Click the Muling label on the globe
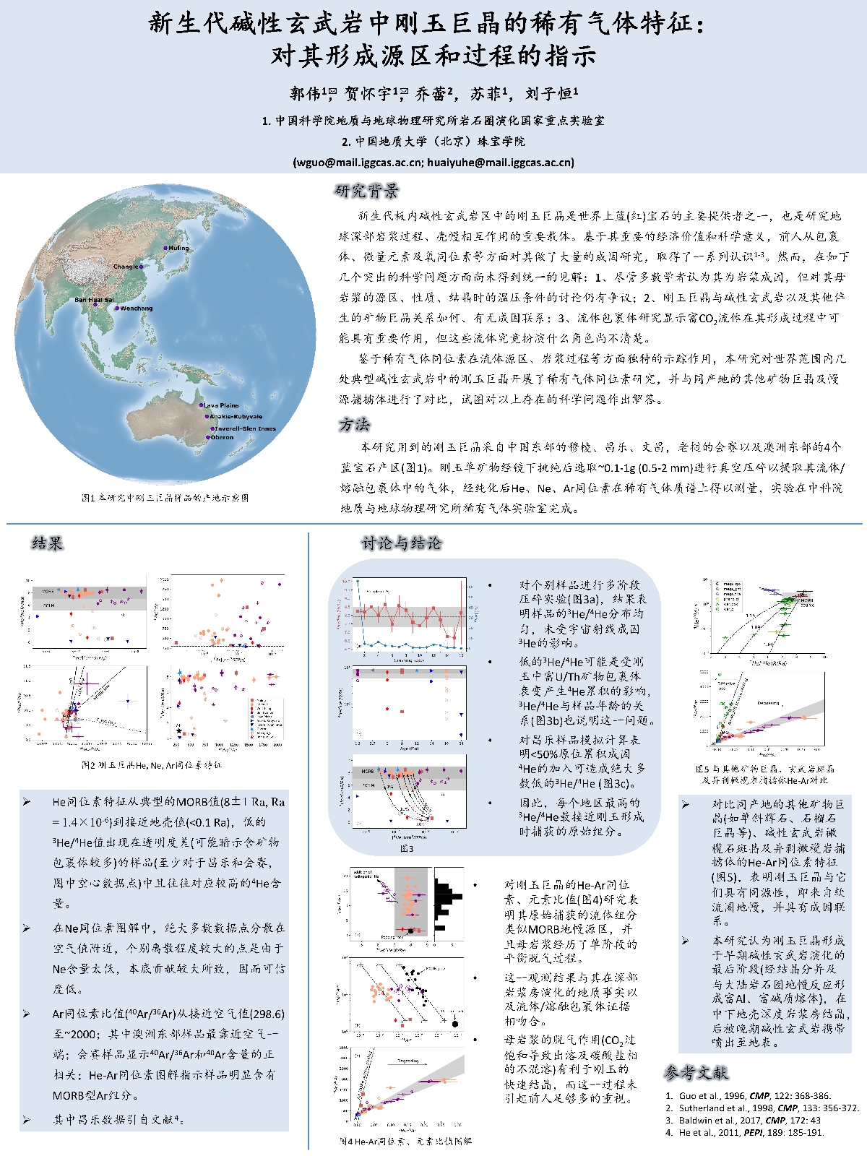click(x=178, y=248)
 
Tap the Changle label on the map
click(x=126, y=267)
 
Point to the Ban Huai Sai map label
click(x=94, y=300)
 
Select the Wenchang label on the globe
click(x=136, y=309)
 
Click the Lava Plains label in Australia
click(x=221, y=405)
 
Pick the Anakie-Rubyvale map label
click(x=236, y=417)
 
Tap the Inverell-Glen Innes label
click(x=245, y=428)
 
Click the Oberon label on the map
click(x=222, y=437)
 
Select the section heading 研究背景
click(x=366, y=191)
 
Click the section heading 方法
click(x=354, y=424)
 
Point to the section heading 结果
click(x=48, y=543)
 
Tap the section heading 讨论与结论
click(x=402, y=543)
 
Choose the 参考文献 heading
click(x=696, y=1073)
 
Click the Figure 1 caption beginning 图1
click(x=165, y=498)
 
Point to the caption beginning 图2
click(x=152, y=764)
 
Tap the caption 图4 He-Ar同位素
click(x=405, y=1142)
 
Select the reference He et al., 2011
click(x=751, y=1132)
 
